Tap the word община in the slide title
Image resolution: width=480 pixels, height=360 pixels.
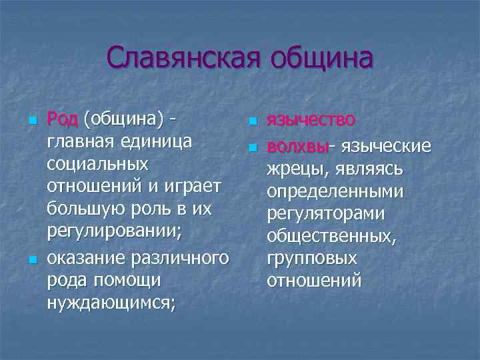tap(320, 58)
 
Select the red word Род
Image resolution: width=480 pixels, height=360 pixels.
tap(63, 119)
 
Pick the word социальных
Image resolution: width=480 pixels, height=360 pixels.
tap(98, 165)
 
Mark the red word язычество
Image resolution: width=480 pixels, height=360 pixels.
tap(311, 120)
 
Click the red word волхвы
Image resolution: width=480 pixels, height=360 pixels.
tap(298, 145)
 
